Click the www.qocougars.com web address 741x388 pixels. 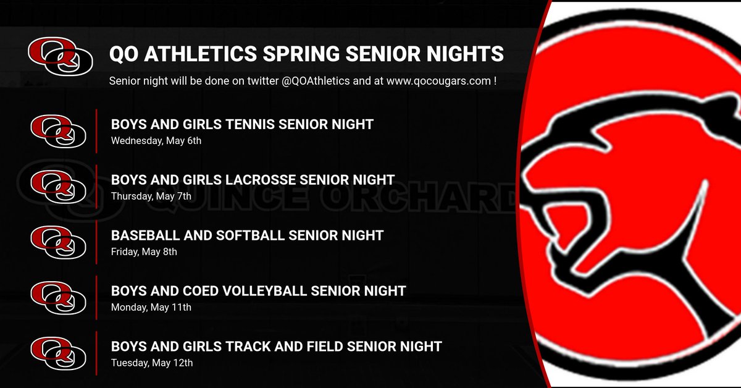point(438,81)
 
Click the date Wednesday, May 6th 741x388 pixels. point(156,140)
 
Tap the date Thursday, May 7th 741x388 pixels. point(151,196)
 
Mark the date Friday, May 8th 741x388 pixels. point(144,251)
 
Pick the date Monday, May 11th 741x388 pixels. point(151,307)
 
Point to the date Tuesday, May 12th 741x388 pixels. point(152,363)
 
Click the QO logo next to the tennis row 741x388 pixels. point(58,130)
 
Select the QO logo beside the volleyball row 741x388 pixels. point(58,297)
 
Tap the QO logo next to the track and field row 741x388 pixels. point(58,353)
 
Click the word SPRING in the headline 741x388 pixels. point(301,54)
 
